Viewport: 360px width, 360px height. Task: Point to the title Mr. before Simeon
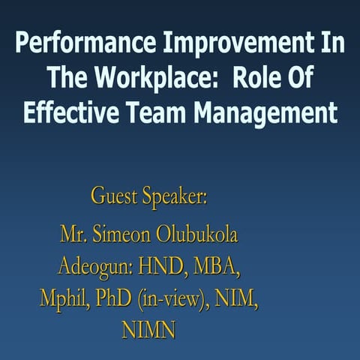pos(74,235)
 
